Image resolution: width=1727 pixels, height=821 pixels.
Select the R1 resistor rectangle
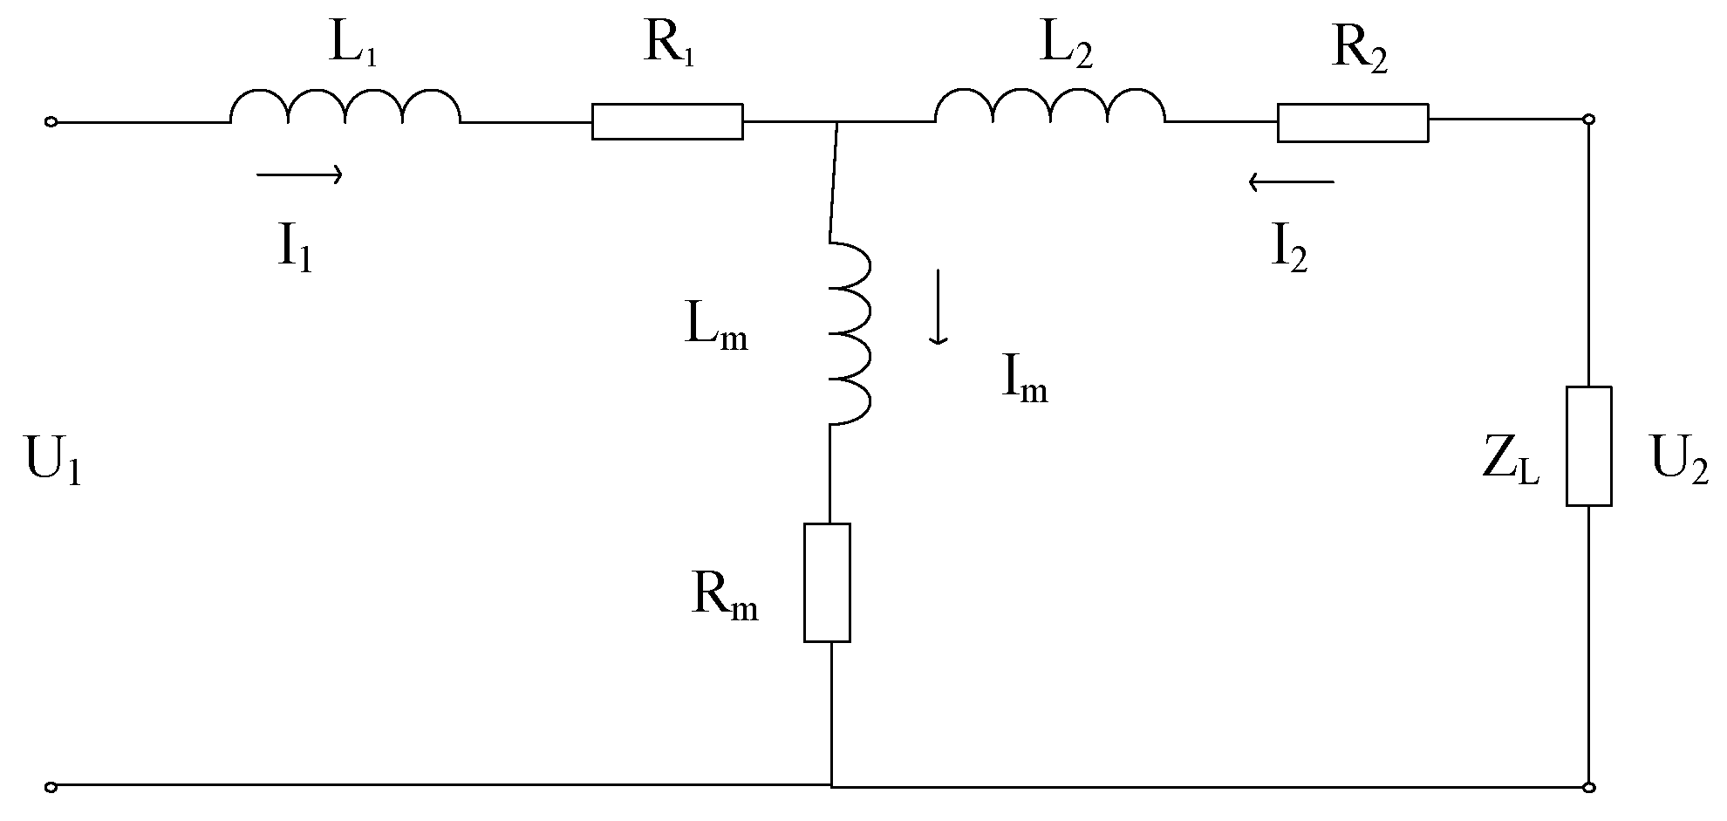[667, 121]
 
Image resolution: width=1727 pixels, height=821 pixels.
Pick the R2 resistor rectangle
[1353, 122]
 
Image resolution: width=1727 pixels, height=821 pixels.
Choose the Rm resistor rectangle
[827, 583]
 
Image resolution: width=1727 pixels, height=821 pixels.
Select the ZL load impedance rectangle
[1588, 446]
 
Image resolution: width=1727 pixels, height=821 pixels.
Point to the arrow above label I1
[299, 175]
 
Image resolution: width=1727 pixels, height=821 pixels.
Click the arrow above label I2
[1291, 182]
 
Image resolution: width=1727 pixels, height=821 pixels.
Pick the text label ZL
[1511, 463]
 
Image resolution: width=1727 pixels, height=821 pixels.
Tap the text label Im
[1024, 381]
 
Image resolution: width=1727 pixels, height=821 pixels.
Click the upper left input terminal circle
[51, 122]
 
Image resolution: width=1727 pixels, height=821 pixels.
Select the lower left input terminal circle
[51, 787]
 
